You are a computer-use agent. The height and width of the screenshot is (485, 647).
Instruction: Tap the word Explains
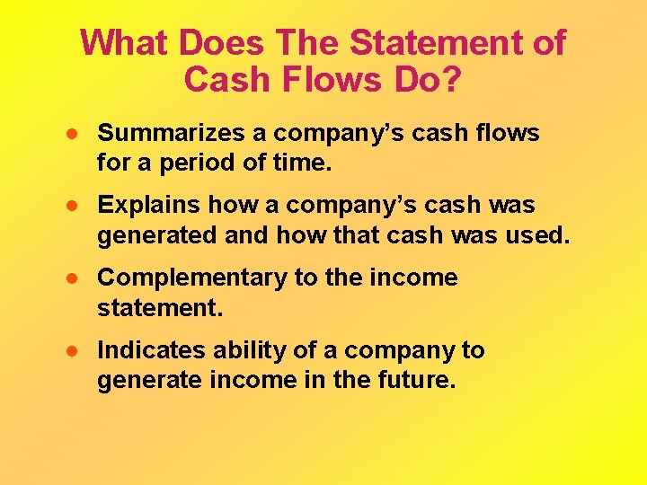click(x=149, y=206)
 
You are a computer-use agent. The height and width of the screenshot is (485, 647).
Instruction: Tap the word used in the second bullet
click(x=540, y=237)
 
